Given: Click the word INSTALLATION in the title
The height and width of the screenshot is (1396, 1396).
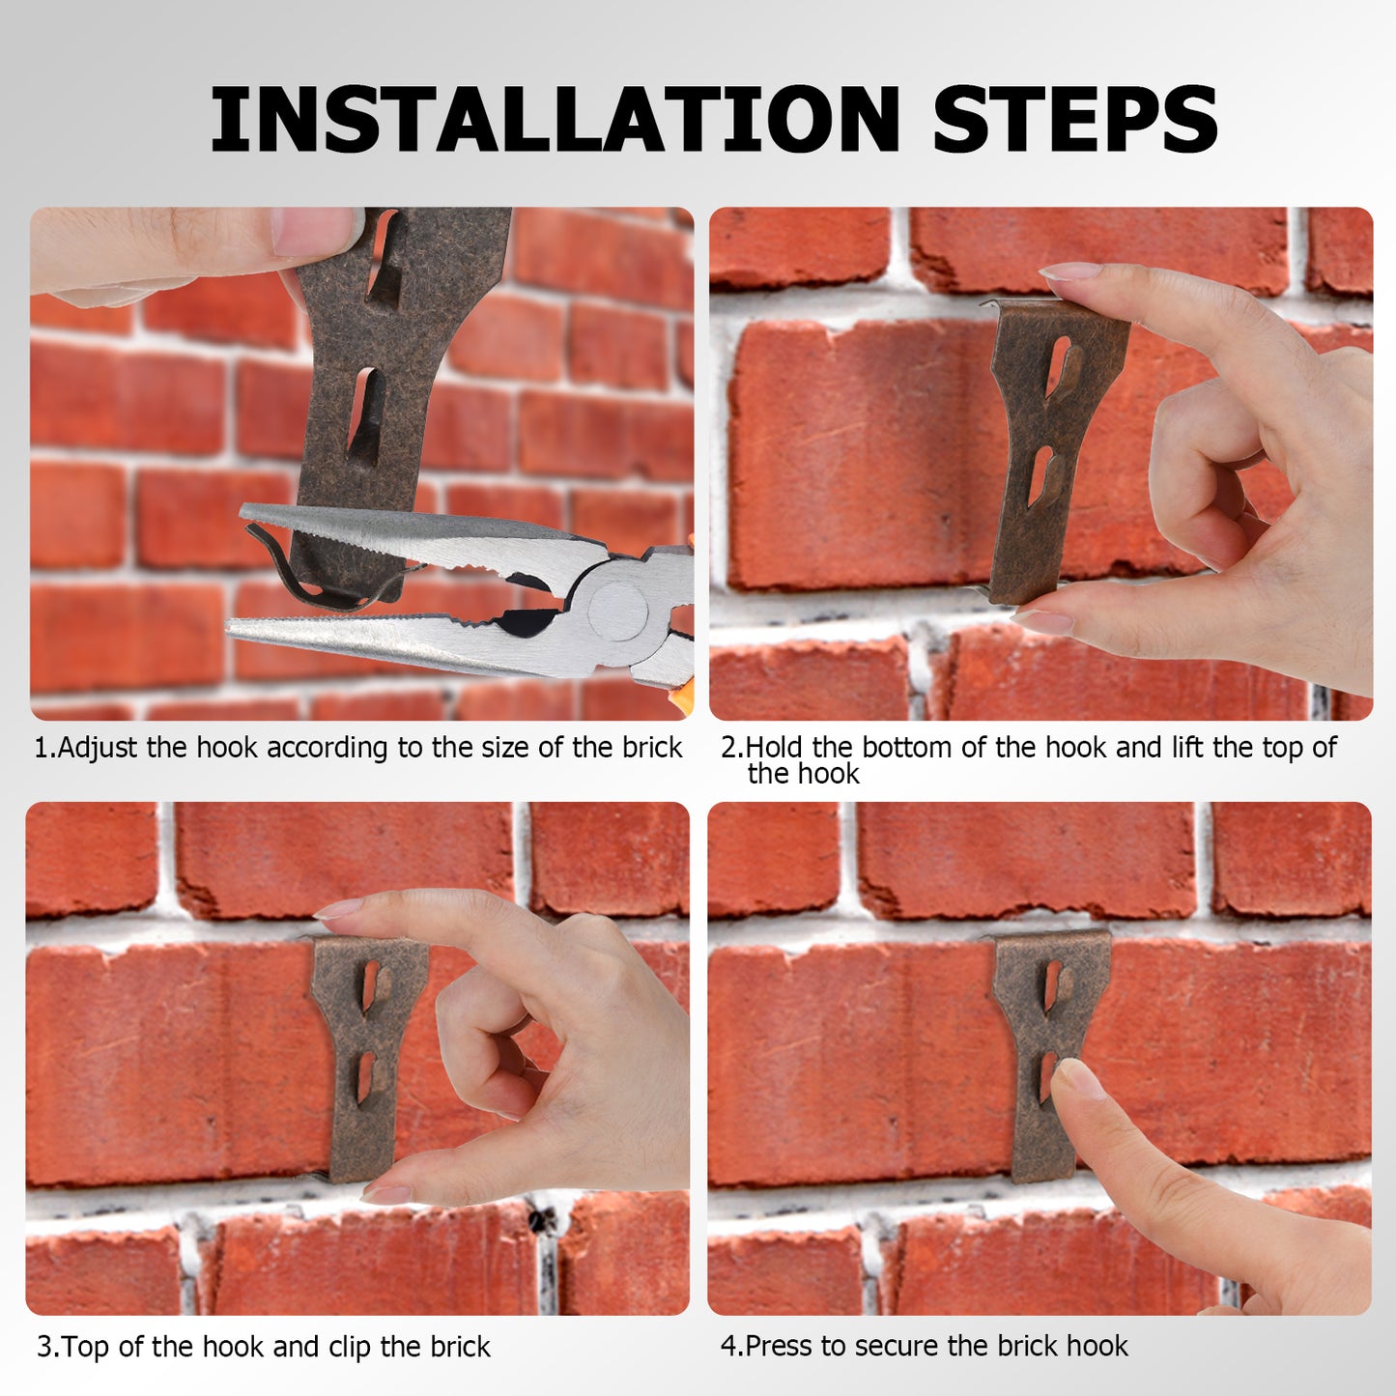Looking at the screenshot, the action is pyautogui.click(x=555, y=118).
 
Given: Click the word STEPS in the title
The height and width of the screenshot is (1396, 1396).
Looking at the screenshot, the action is pyautogui.click(x=1075, y=118).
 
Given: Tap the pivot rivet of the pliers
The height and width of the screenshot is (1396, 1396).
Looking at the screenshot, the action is pyautogui.click(x=617, y=610).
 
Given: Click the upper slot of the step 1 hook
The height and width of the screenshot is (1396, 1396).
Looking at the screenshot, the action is pyautogui.click(x=384, y=256).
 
